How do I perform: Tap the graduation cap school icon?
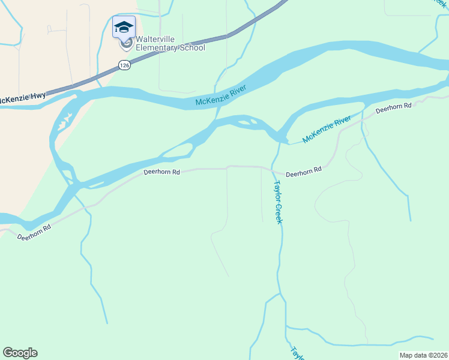124,26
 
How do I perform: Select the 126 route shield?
124,65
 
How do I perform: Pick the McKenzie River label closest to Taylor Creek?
327,130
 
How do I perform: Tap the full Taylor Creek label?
278,202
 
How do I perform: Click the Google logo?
20,353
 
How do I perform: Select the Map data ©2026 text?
423,355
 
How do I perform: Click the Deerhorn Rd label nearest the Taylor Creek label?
304,170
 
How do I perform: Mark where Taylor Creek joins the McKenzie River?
280,142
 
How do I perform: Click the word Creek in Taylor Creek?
279,212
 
